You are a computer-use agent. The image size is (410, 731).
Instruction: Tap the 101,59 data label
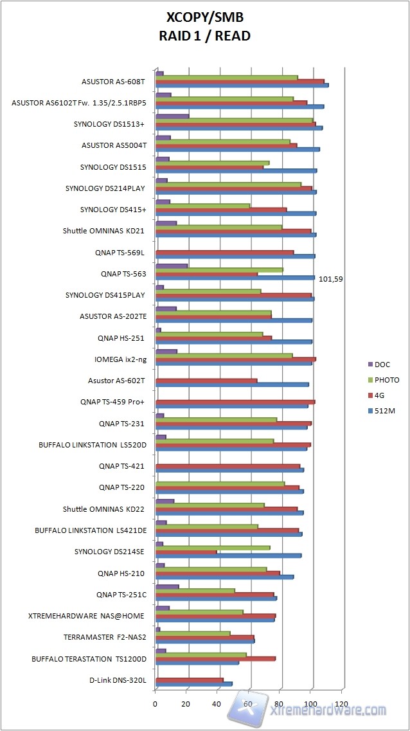(x=332, y=279)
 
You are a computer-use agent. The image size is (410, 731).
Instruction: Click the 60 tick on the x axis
(x=249, y=704)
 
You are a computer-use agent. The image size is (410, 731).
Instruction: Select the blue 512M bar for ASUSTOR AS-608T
(x=242, y=85)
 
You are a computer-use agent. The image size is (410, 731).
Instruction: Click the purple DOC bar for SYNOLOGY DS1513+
(x=172, y=116)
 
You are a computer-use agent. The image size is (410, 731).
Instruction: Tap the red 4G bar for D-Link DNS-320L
(x=190, y=680)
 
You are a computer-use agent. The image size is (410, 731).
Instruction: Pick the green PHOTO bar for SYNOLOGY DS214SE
(x=213, y=548)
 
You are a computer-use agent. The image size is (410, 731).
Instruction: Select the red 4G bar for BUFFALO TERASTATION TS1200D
(x=215, y=658)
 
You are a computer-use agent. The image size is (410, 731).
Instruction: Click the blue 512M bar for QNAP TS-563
(x=235, y=278)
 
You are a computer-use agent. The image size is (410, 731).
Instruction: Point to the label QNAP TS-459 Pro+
(x=121, y=402)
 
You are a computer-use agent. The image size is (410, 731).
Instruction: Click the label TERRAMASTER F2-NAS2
(x=105, y=637)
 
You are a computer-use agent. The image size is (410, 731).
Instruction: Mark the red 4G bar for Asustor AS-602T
(x=206, y=381)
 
